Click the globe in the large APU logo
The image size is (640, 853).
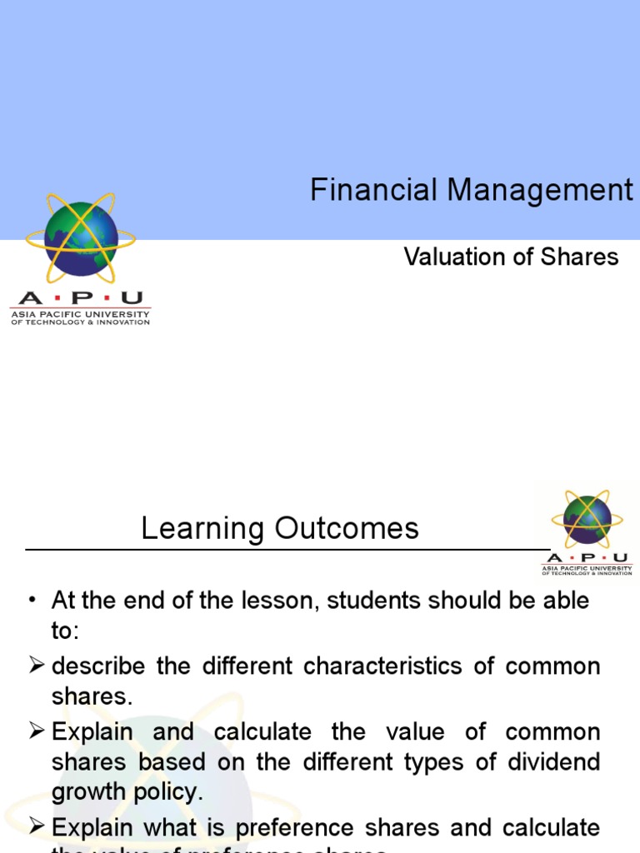pos(81,237)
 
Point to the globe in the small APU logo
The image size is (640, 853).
pos(587,519)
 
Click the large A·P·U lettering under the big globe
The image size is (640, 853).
pos(80,298)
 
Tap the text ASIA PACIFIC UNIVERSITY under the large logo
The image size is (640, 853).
pos(80,314)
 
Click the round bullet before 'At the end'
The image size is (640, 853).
pos(32,601)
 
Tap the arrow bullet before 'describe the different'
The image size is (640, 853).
pos(36,666)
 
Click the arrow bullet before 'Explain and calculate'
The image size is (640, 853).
pos(36,732)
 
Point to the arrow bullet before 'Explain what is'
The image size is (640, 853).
pos(36,827)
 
